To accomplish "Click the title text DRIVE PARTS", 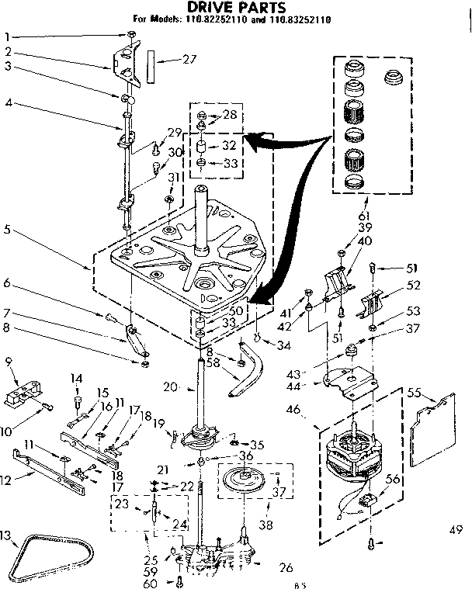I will click(x=234, y=7).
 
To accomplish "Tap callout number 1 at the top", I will click(x=7, y=36).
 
